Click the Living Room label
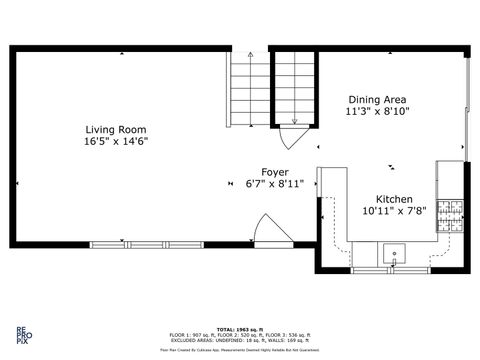(116, 130)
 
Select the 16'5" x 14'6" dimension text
(116, 142)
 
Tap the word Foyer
(276, 172)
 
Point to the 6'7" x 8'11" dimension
(276, 184)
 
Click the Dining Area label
(378, 99)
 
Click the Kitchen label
(394, 200)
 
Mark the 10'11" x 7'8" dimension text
(394, 212)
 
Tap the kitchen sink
(395, 253)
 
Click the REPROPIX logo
(21, 335)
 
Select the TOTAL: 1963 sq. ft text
(240, 329)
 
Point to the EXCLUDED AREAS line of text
(240, 340)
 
